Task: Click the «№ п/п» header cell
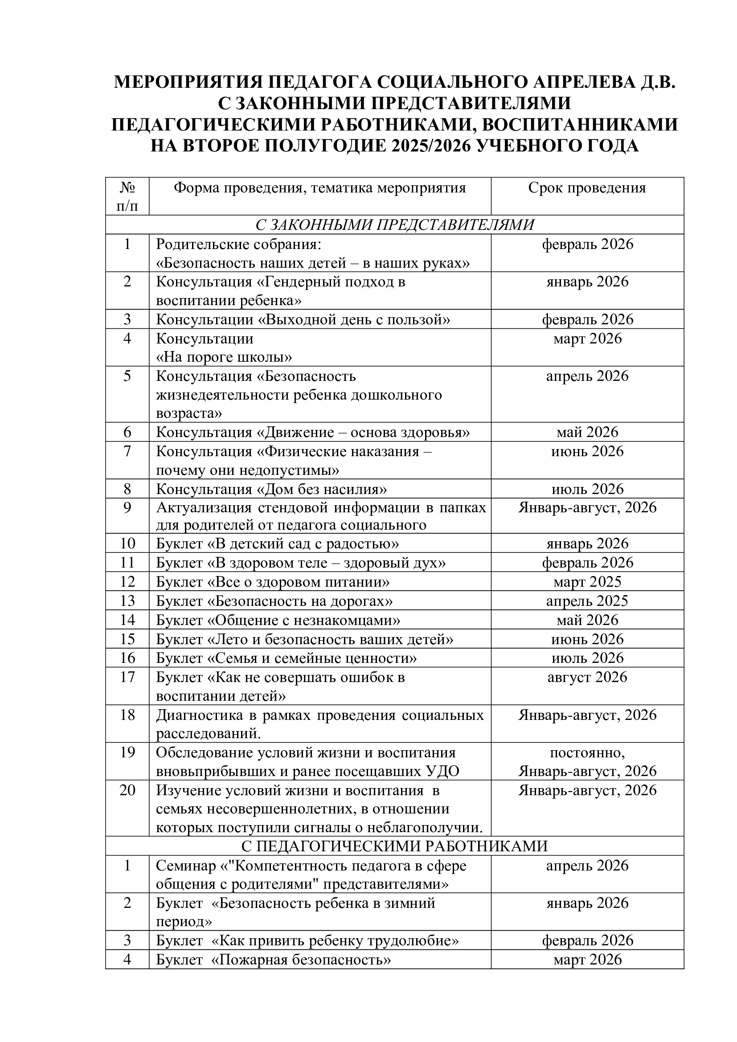[x=127, y=196]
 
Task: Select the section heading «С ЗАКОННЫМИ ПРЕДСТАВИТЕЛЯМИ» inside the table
[x=394, y=225]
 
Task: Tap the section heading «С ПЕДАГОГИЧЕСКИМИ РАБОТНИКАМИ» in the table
[x=394, y=846]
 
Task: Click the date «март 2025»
[x=587, y=582]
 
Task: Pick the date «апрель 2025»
[x=587, y=601]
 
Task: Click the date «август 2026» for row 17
[x=587, y=677]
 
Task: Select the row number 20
[x=127, y=790]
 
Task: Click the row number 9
[x=127, y=507]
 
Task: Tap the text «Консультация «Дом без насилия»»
[x=271, y=489]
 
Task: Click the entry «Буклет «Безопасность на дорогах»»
[x=274, y=601]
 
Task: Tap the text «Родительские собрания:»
[x=238, y=244]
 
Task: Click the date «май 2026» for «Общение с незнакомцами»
[x=587, y=620]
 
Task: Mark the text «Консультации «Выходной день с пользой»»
[x=303, y=319]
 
